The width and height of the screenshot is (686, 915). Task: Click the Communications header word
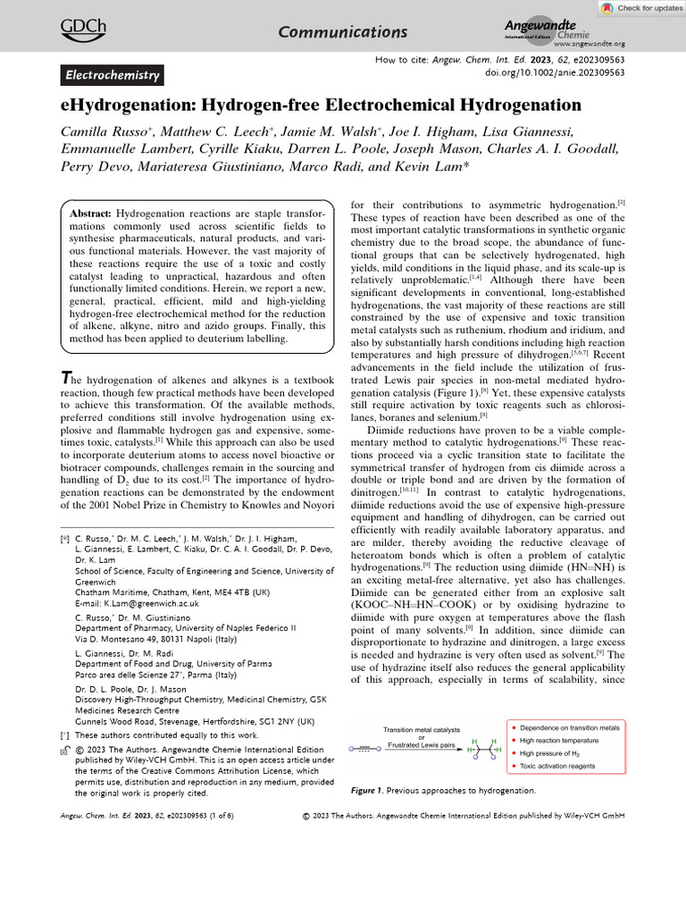tap(343, 32)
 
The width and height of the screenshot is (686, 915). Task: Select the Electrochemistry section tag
tap(112, 76)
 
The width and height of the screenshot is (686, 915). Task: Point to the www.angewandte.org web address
tap(589, 43)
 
